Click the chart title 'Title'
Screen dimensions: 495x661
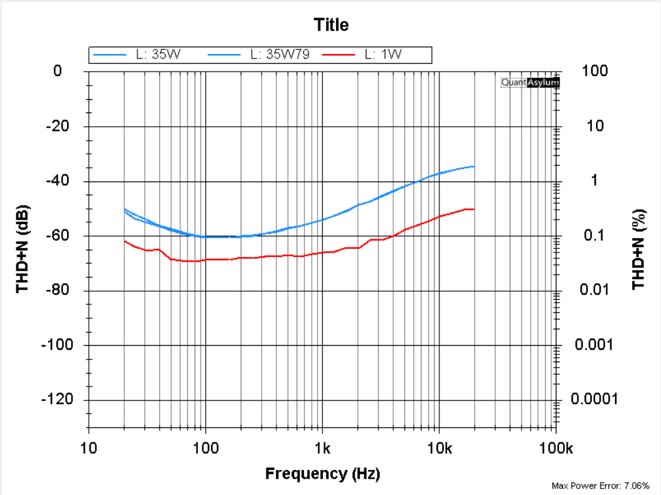331,26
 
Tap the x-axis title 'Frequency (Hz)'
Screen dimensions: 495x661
322,473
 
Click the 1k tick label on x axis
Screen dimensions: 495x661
322,449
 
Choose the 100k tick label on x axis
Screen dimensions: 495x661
556,449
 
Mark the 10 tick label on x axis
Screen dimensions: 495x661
89,449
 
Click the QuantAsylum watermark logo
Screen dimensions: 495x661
530,83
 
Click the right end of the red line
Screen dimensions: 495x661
474,209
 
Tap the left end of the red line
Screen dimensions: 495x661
124,241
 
